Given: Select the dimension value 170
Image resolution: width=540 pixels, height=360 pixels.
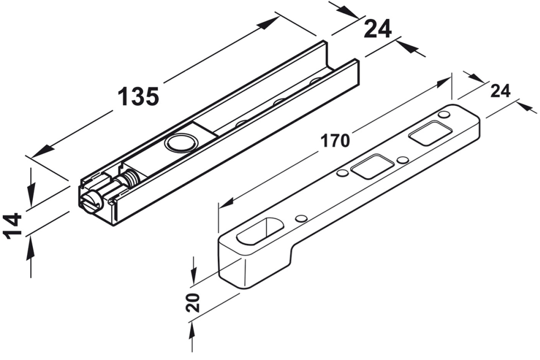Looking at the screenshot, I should (x=335, y=141).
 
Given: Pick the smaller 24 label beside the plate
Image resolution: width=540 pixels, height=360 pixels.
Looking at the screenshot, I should (x=501, y=91).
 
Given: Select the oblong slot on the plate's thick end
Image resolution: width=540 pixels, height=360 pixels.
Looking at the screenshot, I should (x=260, y=231).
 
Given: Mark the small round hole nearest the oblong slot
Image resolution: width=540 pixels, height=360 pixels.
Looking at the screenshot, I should (x=301, y=219).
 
